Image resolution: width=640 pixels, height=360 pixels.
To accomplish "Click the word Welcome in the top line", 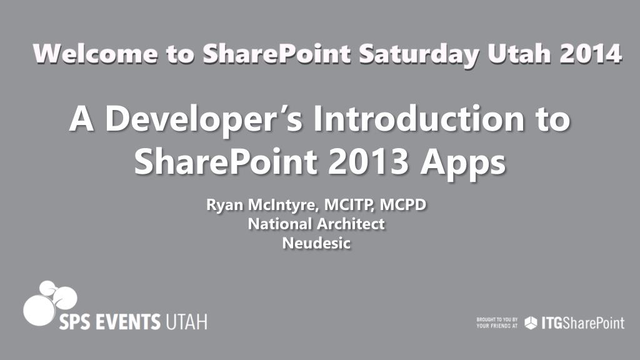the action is (x=96, y=54).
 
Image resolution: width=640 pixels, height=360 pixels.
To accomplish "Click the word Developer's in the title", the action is (x=204, y=119).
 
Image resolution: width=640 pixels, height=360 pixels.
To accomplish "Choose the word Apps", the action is (x=463, y=163).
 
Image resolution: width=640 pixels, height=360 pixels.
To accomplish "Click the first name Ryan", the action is (x=225, y=205).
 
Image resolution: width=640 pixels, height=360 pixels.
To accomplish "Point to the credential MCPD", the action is (x=403, y=204).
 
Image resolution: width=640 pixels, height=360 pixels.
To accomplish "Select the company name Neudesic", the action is (x=316, y=243).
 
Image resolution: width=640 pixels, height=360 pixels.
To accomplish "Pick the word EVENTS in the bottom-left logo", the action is (x=128, y=322).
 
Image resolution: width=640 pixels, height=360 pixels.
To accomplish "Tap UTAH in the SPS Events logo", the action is (x=186, y=322).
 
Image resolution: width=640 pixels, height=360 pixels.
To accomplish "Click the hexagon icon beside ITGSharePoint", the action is (x=531, y=323).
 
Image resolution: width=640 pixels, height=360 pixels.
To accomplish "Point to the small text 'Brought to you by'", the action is (x=497, y=319).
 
